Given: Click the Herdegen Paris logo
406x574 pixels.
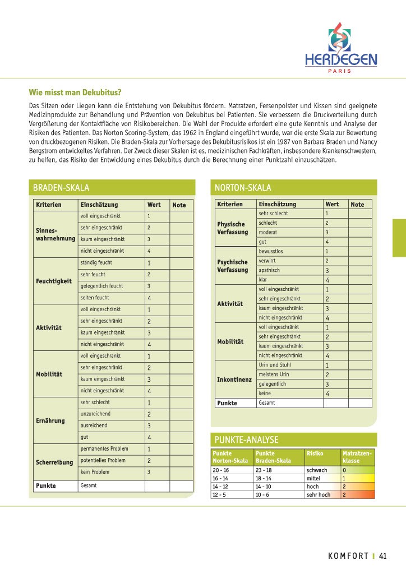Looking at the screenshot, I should [x=340, y=47].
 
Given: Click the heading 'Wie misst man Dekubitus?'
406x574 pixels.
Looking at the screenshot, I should [x=75, y=92].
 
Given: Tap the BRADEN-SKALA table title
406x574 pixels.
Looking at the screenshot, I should [x=61, y=188].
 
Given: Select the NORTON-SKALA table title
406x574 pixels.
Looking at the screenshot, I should [x=243, y=188].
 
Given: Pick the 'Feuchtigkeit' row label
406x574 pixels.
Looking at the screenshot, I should [x=54, y=281].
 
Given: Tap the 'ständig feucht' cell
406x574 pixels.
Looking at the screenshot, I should [x=96, y=262].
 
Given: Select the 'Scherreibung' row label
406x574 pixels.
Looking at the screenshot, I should [x=54, y=462].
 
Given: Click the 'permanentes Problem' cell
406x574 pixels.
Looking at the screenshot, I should [x=104, y=449].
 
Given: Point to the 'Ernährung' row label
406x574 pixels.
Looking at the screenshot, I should [x=50, y=420].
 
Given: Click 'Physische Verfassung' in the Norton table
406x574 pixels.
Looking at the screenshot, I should [x=232, y=228].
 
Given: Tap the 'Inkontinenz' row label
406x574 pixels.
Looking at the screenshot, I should [x=233, y=379].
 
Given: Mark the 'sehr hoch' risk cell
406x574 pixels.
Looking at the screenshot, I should [x=318, y=495].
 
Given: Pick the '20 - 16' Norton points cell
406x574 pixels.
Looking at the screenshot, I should [x=221, y=470].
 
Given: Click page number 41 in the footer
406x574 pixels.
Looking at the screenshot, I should [x=383, y=556].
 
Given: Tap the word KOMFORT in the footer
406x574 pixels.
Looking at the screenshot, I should [x=348, y=556].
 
